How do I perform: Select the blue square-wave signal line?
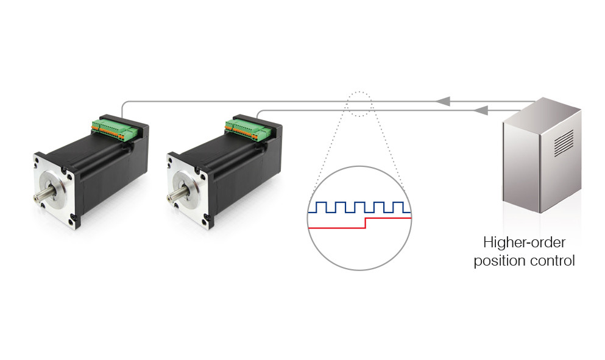(x=359, y=207)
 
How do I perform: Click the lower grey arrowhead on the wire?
(x=481, y=110)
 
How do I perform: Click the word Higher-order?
(x=524, y=243)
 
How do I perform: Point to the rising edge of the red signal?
(x=364, y=222)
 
